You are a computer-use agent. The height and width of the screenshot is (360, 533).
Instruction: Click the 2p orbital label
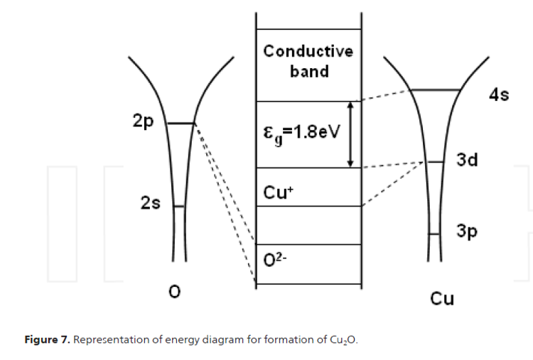[x=144, y=121]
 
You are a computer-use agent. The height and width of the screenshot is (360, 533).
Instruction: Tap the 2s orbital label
[x=150, y=204]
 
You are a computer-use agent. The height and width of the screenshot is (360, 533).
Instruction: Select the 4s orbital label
[x=499, y=94]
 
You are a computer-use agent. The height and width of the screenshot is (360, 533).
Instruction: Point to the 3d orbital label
[x=467, y=160]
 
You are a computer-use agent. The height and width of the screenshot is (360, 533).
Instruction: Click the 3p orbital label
[x=466, y=231]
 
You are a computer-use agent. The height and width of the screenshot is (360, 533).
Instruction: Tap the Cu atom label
[x=442, y=298]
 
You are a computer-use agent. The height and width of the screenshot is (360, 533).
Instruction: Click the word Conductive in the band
[x=308, y=51]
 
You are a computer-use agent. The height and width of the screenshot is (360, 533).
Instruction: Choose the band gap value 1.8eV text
[x=300, y=133]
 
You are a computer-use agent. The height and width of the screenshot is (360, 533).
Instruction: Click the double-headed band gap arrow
[x=350, y=134]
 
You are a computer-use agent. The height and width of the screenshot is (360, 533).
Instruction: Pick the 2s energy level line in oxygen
[x=179, y=207]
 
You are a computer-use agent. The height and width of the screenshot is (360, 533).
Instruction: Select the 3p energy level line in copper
[x=435, y=234]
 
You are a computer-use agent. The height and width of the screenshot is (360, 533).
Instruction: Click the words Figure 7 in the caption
[x=47, y=339]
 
